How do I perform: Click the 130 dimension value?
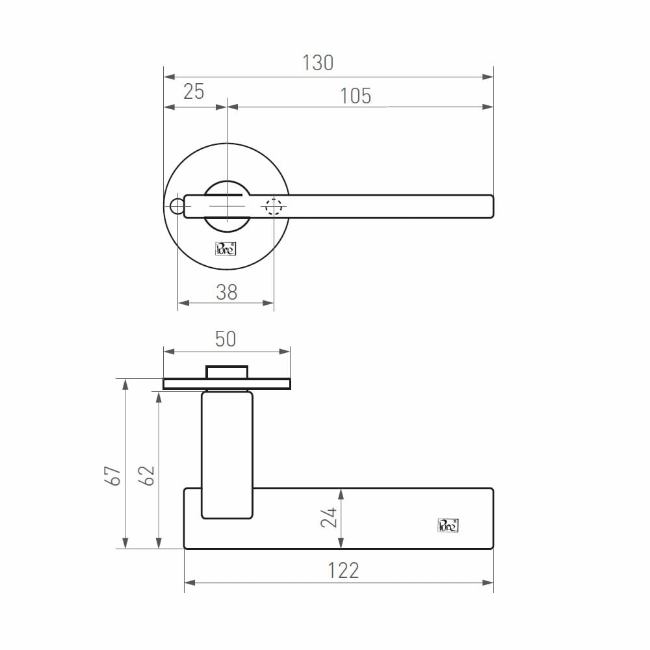click(x=318, y=63)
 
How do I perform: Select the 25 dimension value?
click(x=194, y=92)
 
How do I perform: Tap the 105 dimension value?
click(x=356, y=96)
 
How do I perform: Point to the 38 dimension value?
click(x=226, y=292)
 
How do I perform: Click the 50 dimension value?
click(x=226, y=339)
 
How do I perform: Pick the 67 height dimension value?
click(x=112, y=476)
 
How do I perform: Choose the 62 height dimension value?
click(x=146, y=476)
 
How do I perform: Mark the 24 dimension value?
click(x=329, y=517)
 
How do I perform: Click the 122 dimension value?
click(x=343, y=571)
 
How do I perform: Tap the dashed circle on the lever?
click(x=274, y=207)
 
